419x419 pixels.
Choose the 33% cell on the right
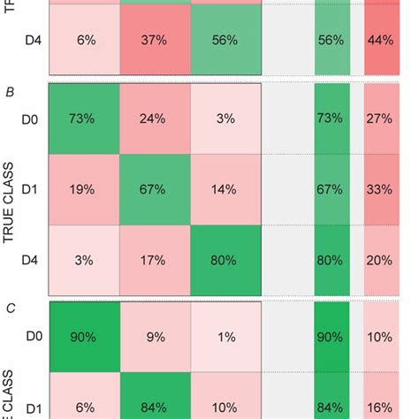(x=380, y=188)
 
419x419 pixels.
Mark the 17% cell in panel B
(x=155, y=261)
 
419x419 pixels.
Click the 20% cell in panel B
(x=380, y=261)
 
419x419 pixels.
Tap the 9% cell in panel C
(x=155, y=336)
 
